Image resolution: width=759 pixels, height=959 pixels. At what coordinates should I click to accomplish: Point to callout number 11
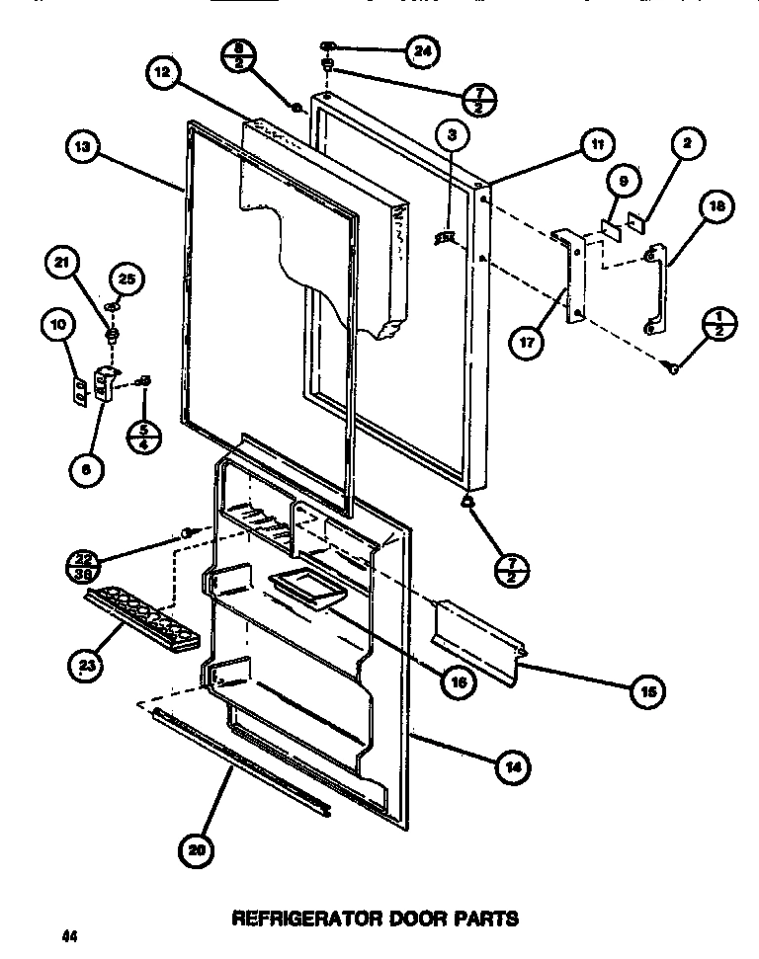[x=596, y=144]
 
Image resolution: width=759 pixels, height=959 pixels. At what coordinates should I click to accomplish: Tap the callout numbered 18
[x=716, y=207]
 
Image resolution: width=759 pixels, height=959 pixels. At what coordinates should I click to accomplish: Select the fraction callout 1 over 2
[x=718, y=325]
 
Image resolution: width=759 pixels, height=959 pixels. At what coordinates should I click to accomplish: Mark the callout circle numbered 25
[x=125, y=280]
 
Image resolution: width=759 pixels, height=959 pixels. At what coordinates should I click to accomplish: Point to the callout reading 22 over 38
[x=84, y=564]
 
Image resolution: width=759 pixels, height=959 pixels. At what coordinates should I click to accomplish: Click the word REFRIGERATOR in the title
[x=296, y=919]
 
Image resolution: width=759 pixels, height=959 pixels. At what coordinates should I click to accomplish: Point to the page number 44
[x=67, y=934]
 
